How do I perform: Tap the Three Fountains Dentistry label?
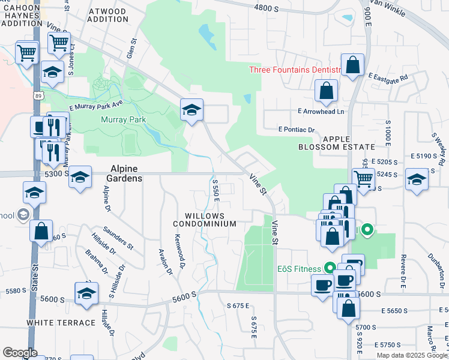[295, 70]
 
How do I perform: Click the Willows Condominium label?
[205, 220]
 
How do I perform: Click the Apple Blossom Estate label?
[340, 143]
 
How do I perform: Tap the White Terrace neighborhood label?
[61, 322]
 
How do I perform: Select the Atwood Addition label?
[107, 15]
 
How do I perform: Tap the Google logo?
[20, 353]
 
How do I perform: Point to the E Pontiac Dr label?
[297, 130]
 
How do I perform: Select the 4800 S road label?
[267, 8]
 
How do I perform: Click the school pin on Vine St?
[192, 110]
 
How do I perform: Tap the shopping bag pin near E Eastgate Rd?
[352, 65]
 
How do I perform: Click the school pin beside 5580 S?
[86, 294]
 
